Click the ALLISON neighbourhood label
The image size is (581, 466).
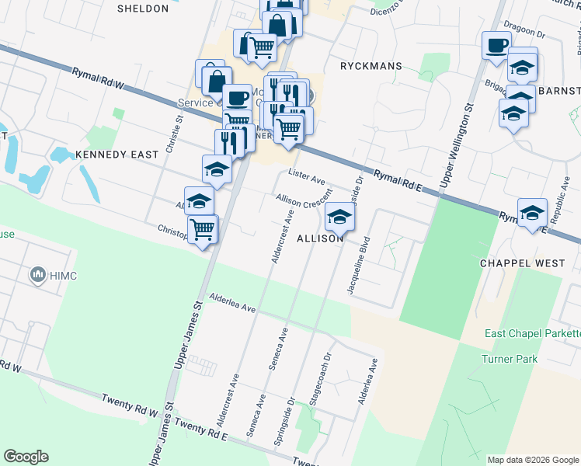320,238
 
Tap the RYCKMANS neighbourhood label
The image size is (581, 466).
371,66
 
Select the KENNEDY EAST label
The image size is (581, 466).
117,155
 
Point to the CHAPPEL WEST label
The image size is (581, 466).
522,263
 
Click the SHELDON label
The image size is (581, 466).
142,9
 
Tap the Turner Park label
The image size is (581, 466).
510,358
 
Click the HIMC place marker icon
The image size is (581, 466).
37,275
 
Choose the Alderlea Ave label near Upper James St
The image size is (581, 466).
232,304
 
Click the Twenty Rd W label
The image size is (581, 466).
129,405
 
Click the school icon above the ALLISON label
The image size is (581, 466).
339,216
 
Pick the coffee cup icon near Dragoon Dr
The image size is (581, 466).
496,45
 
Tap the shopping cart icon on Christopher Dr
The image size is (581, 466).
202,228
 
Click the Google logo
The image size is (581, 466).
26,457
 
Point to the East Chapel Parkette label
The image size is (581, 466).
532,333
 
